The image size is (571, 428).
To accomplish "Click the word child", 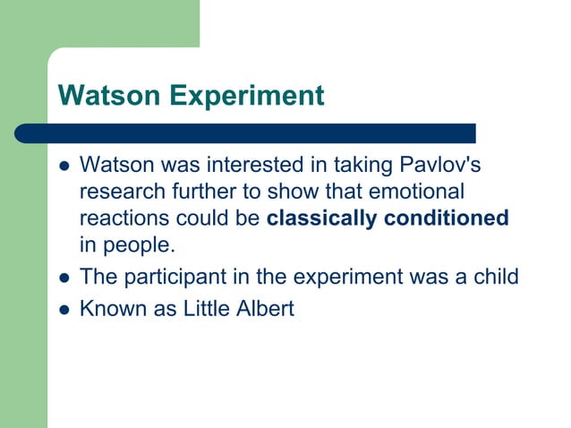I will pyautogui.click(x=496, y=277).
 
